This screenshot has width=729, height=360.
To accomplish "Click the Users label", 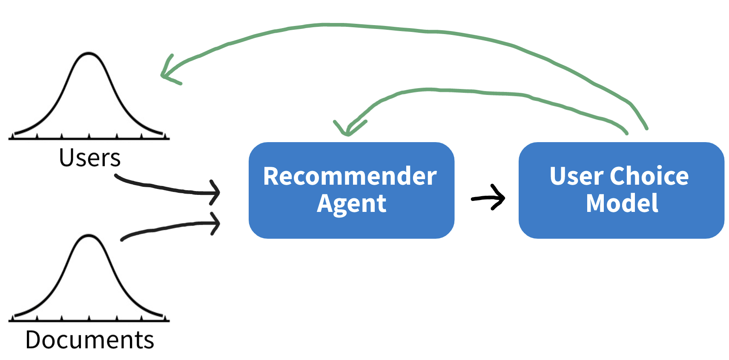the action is point(89,158).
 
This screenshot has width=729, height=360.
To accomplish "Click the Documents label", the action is point(89,340).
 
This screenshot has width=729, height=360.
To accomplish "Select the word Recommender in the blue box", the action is point(350,176).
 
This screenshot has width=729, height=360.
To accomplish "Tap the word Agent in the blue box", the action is point(351,204).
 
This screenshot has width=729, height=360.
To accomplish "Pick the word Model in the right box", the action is point(622,203).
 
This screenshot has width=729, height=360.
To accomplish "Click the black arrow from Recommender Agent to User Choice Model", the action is point(488,198).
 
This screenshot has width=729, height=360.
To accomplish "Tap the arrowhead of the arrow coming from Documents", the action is point(215,223).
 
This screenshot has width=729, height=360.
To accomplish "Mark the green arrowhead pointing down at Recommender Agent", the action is point(349,129).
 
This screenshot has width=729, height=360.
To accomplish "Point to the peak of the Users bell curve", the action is point(89,53).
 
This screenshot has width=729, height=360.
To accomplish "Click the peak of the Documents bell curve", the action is point(89,235).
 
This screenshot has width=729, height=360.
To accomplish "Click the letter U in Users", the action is point(66,158).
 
